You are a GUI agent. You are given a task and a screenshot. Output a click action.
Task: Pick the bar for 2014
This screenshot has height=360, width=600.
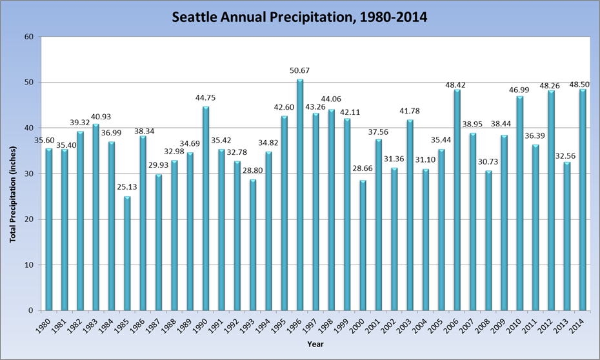point(583,199)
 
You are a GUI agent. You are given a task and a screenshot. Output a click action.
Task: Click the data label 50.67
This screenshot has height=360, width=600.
point(300,70)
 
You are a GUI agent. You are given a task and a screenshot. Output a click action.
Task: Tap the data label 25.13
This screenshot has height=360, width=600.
point(127,187)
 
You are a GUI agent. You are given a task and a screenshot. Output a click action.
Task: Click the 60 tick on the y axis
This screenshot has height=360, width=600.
point(29,37)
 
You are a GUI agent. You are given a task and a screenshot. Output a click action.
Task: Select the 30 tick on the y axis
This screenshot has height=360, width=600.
point(29,174)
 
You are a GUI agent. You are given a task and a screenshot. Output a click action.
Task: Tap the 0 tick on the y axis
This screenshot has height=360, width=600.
point(31,310)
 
